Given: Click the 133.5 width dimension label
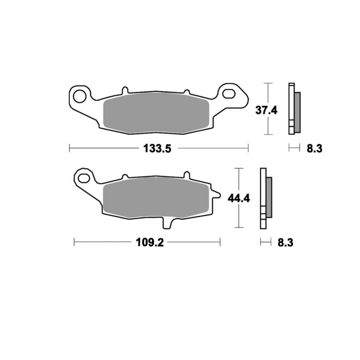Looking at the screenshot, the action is [x=157, y=148].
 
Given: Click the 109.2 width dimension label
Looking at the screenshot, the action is [x=150, y=242].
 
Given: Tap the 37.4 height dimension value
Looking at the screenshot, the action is [x=266, y=111].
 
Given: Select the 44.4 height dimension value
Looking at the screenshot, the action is [x=239, y=198].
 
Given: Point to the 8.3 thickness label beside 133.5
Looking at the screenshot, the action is [x=315, y=148].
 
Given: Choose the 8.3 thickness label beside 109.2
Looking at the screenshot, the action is [x=285, y=243].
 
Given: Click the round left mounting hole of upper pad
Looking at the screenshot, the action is [x=80, y=96].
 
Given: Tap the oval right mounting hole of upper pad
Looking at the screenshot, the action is [x=229, y=94].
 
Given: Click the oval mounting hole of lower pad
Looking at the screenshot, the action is [x=84, y=178].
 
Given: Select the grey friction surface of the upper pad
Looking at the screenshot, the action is [x=156, y=113].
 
